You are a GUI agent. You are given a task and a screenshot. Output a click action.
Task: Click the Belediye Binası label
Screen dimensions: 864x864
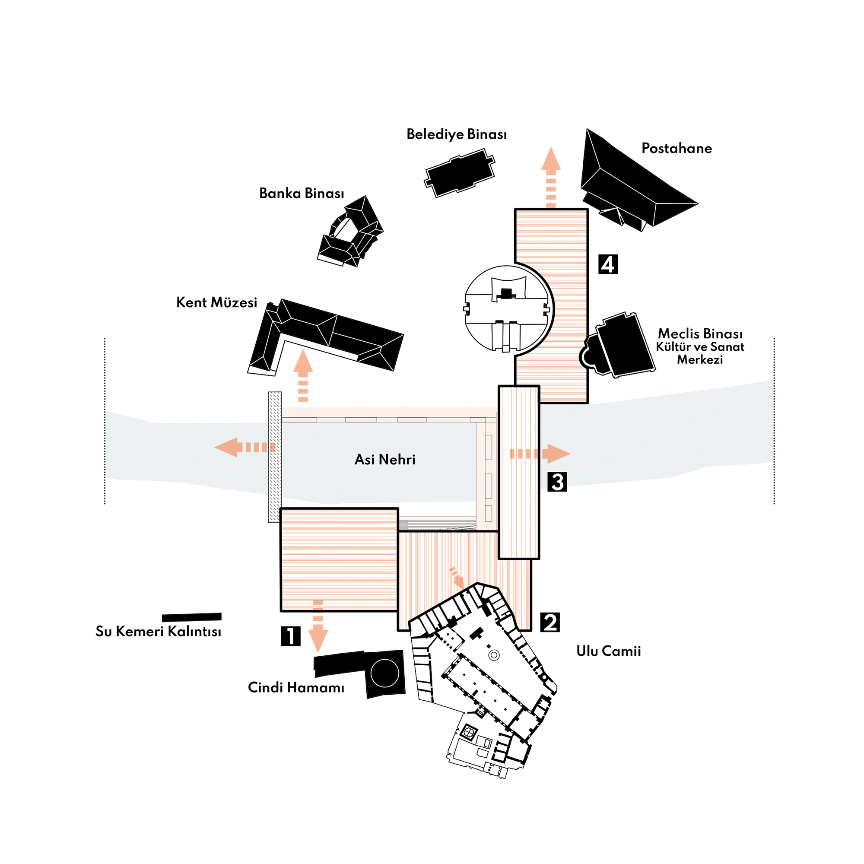pos(456,134)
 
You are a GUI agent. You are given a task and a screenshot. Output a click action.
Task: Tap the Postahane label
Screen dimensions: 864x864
pos(676,149)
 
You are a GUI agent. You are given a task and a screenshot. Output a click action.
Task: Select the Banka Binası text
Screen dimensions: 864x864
pos(302,193)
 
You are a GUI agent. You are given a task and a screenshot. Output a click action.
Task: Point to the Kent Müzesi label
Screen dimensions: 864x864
pos(216,303)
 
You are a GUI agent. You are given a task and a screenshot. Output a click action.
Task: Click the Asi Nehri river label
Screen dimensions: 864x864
pos(384,460)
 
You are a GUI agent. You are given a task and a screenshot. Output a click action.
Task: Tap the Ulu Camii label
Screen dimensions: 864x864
pos(608,651)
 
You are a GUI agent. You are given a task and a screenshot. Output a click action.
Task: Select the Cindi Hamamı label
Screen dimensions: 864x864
pos(296,687)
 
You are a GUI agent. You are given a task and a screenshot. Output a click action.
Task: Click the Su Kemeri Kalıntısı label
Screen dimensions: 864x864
pos(158,632)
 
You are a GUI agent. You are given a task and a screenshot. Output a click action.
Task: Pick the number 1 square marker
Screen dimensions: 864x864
pos(290,635)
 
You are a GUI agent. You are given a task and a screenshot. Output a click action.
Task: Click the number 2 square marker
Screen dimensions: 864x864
pos(550,622)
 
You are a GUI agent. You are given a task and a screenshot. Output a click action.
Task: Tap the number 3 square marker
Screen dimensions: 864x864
pos(557,482)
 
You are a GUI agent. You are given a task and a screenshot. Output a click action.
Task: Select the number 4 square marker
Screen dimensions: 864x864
pos(608,264)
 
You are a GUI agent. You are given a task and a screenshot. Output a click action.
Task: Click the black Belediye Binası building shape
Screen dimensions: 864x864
pos(460,174)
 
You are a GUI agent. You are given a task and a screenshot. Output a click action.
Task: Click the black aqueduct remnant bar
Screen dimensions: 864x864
pos(191,617)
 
